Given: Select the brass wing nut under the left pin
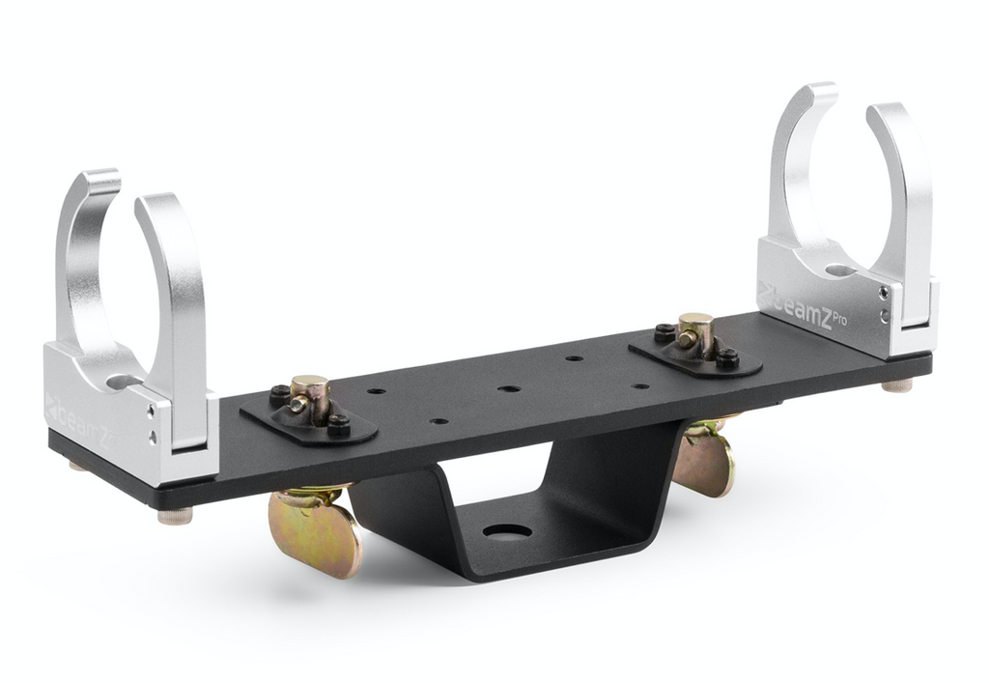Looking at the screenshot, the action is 314,527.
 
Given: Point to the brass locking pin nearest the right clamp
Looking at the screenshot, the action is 695,334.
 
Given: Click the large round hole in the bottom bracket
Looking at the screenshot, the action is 508,531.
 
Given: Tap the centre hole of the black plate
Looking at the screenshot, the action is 508,388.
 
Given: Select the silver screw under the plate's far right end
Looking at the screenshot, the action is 897,384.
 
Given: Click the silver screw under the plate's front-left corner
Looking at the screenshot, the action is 175,516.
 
